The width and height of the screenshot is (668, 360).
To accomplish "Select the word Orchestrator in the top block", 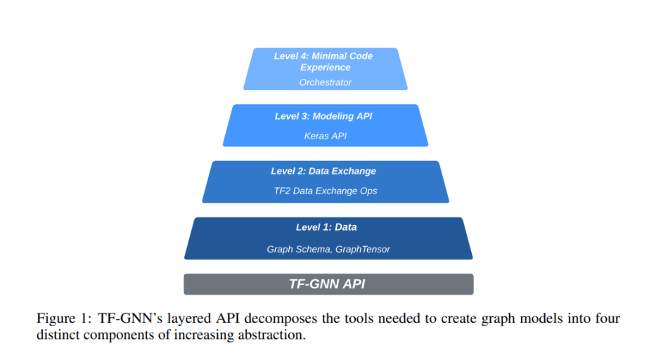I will click(x=325, y=82).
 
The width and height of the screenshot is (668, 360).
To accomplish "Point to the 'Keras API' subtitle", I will click(x=325, y=136).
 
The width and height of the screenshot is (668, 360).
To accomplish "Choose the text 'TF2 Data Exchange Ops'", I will click(x=326, y=191).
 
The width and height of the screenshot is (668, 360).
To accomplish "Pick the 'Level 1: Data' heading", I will click(x=326, y=227).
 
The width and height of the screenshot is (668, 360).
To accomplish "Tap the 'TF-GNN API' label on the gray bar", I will click(x=327, y=284).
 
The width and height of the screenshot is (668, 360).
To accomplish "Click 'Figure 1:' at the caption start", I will click(x=60, y=319).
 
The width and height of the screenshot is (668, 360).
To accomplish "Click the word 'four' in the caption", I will click(x=609, y=319).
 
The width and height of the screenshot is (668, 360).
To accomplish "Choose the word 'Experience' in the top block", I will click(x=325, y=67).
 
